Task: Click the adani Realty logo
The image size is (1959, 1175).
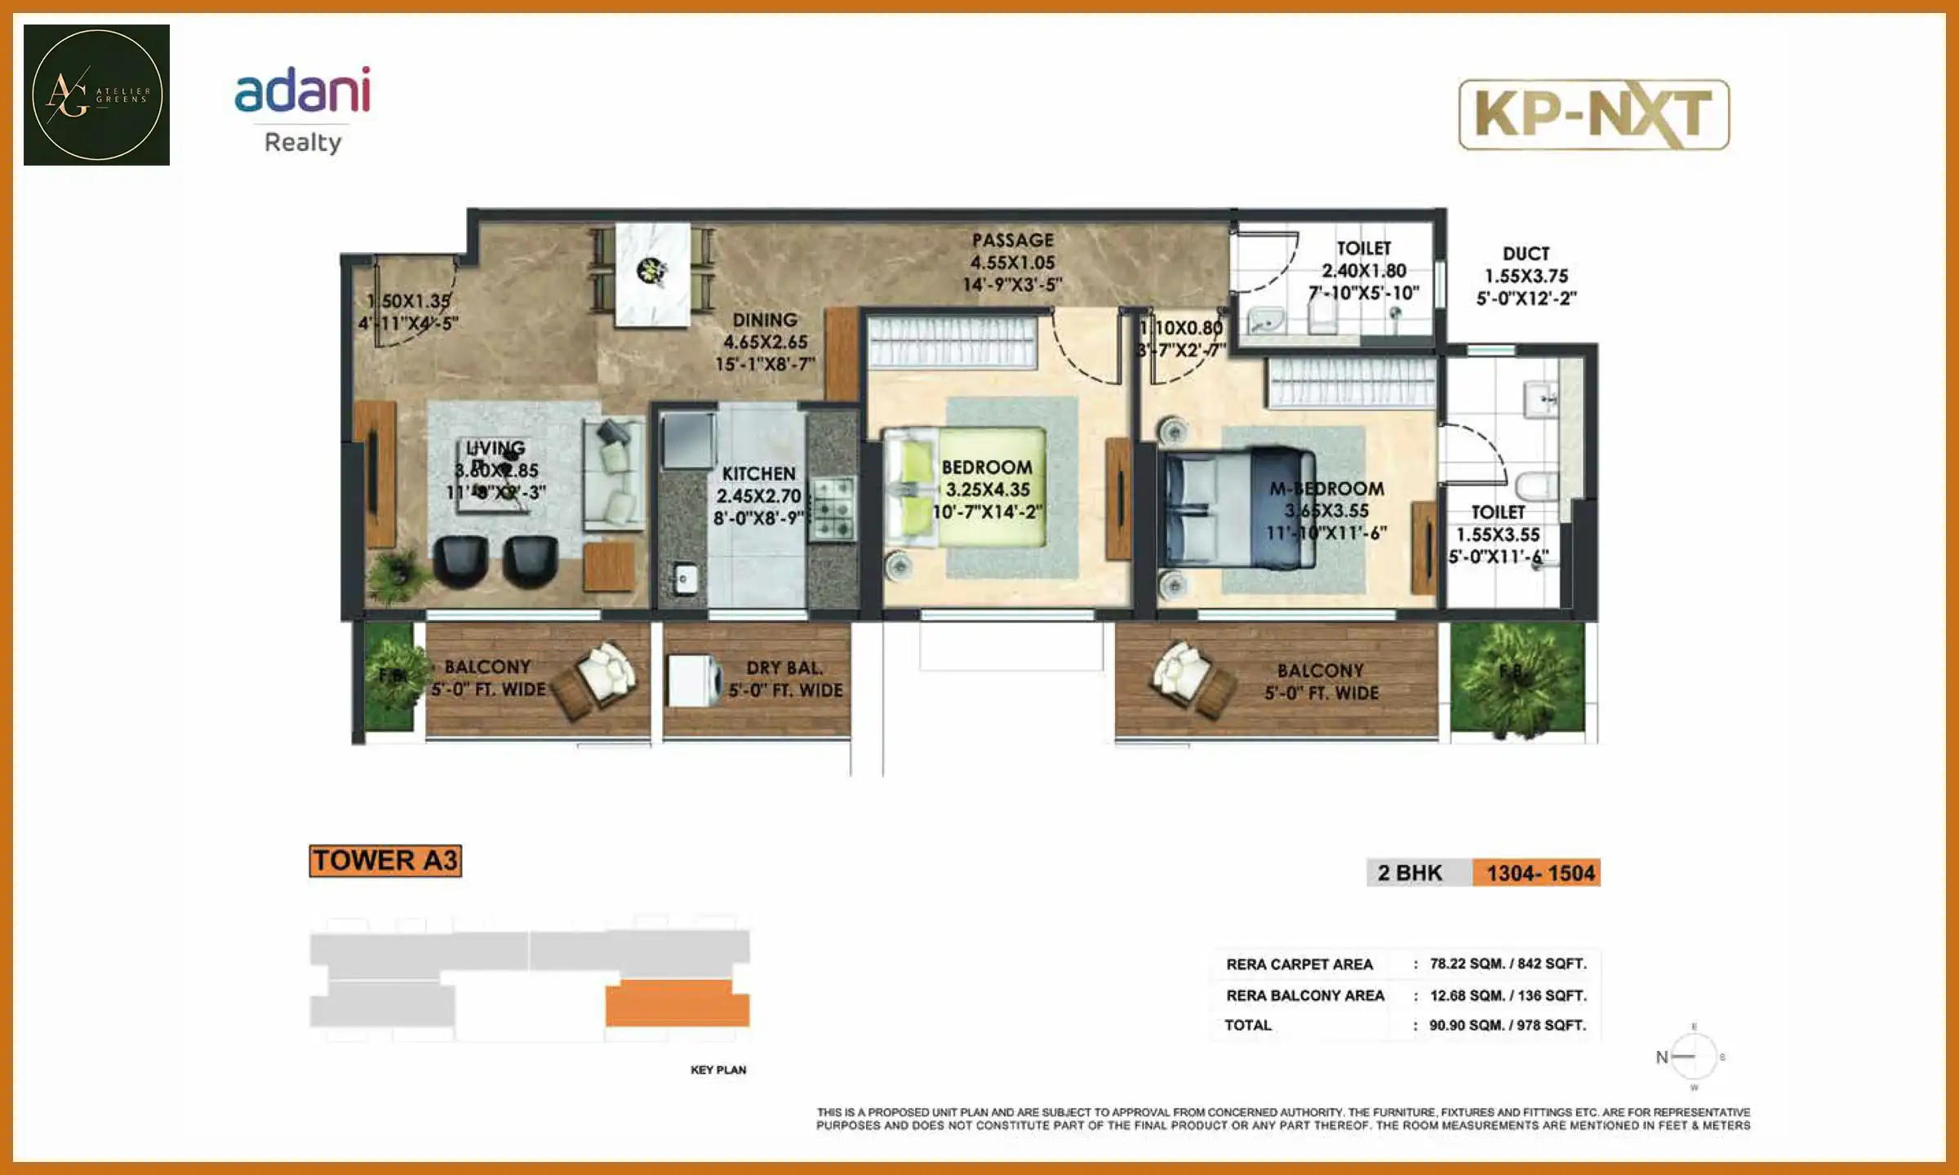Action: point(303,110)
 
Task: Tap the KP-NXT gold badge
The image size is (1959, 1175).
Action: point(1593,115)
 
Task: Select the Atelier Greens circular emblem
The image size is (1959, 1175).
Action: point(96,95)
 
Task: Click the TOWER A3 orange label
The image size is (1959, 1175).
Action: point(385,861)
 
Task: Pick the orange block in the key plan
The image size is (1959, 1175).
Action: point(677,1005)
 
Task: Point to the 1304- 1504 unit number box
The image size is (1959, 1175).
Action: point(1539,873)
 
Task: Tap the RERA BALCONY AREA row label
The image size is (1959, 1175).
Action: point(1304,995)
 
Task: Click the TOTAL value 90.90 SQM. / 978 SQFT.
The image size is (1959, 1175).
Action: point(1507,1026)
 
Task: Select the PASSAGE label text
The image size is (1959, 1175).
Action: point(1012,241)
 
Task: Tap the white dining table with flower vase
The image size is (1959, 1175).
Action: point(653,274)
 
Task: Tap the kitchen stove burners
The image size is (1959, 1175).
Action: point(833,510)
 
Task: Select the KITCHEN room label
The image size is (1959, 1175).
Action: point(758,474)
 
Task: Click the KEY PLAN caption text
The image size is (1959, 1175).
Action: point(718,1070)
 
